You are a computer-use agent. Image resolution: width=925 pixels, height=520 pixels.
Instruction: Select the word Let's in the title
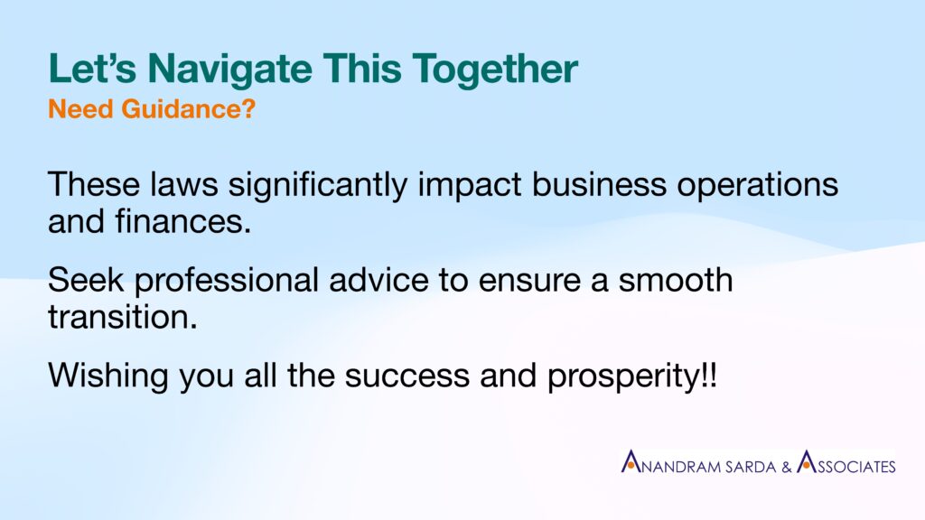click(93, 69)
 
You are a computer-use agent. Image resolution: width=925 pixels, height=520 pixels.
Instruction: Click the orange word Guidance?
click(189, 109)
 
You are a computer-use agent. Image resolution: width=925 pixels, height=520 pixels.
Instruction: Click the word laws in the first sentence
click(183, 184)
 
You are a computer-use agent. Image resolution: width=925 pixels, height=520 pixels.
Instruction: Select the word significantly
click(318, 186)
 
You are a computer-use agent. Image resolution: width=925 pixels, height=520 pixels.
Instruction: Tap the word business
click(600, 184)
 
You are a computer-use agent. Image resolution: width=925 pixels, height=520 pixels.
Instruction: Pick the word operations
click(758, 186)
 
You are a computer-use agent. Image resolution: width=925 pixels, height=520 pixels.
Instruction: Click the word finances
click(183, 222)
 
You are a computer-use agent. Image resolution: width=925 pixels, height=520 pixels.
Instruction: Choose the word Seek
click(86, 280)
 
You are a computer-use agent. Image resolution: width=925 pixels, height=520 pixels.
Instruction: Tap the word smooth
click(676, 280)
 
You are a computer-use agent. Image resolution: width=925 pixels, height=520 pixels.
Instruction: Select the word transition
click(123, 317)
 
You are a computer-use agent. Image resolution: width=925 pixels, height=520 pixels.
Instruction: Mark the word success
click(407, 376)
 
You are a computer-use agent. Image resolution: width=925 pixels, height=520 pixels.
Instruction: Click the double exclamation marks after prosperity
click(710, 375)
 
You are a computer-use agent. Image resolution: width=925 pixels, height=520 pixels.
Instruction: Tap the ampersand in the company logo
click(787, 467)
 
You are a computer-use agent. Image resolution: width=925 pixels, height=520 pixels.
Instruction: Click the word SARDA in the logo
click(751, 467)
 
